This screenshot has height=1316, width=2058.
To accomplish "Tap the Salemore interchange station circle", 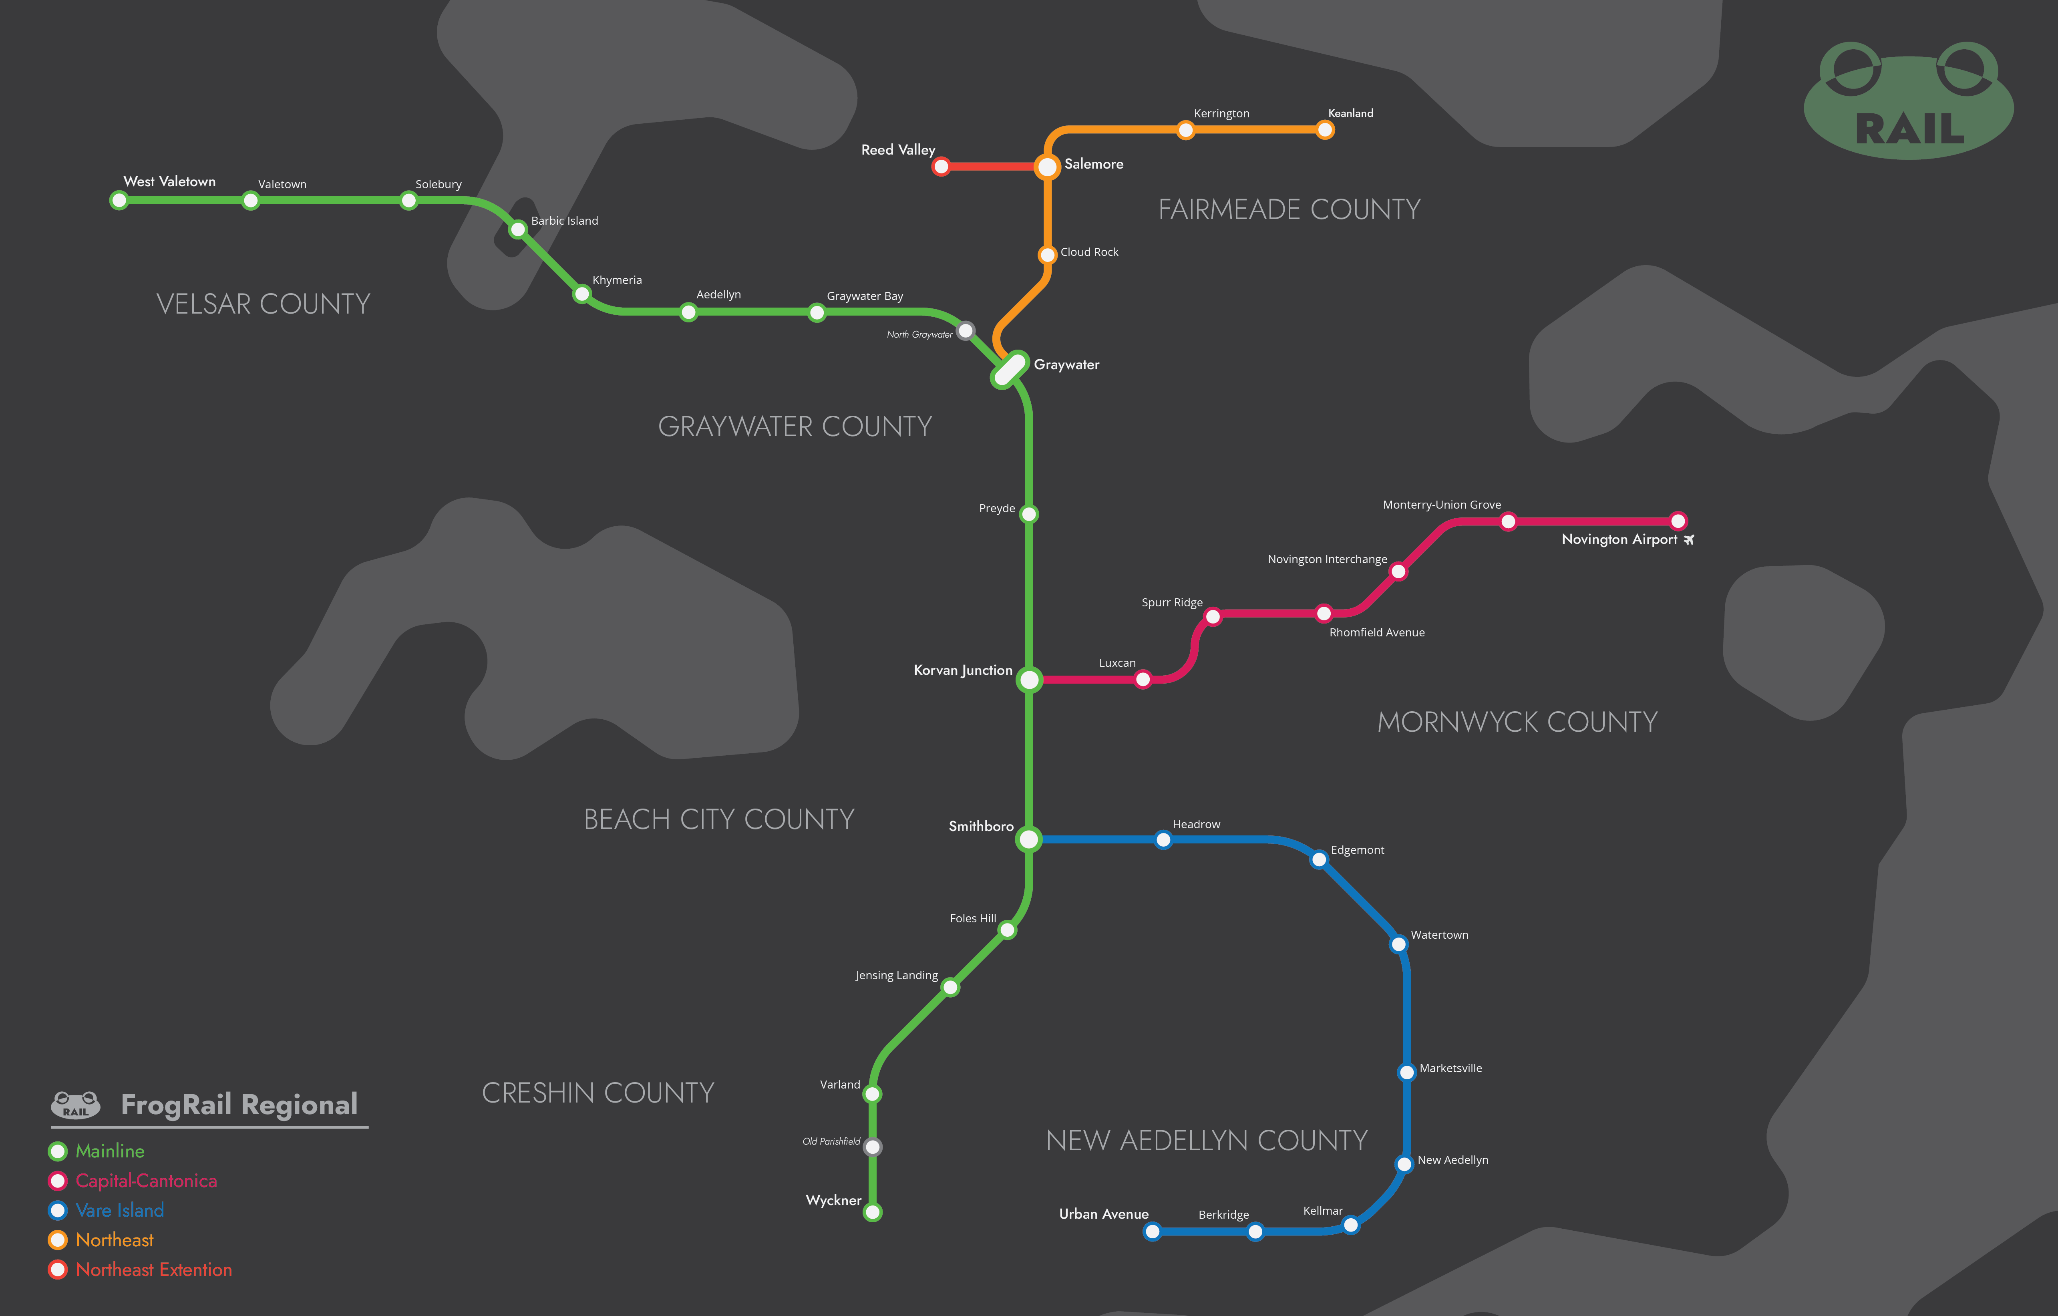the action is click(1047, 167).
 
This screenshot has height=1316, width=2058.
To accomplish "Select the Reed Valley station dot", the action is click(941, 167).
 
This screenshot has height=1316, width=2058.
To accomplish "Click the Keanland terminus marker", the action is click(1325, 130).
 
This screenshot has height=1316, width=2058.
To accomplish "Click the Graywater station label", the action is click(1066, 365).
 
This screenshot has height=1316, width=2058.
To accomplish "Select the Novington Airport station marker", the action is click(1678, 521).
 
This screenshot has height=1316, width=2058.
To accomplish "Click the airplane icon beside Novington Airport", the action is click(1689, 540).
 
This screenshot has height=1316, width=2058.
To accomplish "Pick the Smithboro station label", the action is click(981, 826).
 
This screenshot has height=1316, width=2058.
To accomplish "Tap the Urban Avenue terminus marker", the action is click(1152, 1231).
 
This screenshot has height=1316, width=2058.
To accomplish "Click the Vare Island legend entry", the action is click(120, 1210).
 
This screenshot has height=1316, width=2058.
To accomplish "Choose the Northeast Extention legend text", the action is click(154, 1270).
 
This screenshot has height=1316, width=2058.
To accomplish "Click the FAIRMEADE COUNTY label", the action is click(1289, 209).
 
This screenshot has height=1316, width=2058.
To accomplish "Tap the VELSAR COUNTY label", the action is click(263, 304).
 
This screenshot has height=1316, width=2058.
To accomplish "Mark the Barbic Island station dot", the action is click(518, 229).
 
